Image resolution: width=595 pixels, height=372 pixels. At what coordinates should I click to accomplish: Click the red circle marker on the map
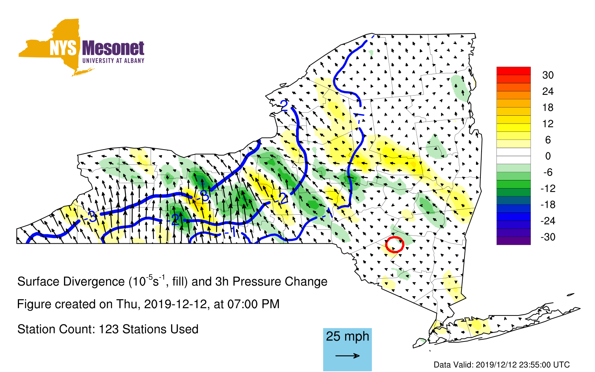pyautogui.click(x=386, y=245)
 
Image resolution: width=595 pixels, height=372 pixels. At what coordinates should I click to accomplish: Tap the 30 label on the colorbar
pyautogui.click(x=548, y=75)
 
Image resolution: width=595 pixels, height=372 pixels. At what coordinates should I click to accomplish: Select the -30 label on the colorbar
pyautogui.click(x=548, y=237)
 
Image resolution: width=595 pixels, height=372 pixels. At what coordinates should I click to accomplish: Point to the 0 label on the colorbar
pyautogui.click(x=548, y=156)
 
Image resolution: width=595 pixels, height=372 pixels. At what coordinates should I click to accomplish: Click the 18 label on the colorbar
pyautogui.click(x=548, y=108)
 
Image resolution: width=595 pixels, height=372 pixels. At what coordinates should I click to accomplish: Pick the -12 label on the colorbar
pyautogui.click(x=548, y=188)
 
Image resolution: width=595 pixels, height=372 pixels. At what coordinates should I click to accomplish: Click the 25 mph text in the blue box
pyautogui.click(x=347, y=337)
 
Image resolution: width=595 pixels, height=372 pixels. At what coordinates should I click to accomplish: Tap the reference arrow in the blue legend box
pyautogui.click(x=347, y=356)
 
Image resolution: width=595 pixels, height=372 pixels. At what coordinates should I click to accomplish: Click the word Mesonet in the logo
pyautogui.click(x=113, y=48)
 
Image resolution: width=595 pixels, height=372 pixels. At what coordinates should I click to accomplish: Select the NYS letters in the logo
pyautogui.click(x=63, y=48)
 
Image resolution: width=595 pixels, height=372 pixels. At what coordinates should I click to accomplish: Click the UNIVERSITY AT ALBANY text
pyautogui.click(x=113, y=61)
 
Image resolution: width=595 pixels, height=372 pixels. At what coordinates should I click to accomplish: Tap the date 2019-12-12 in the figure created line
pyautogui.click(x=176, y=304)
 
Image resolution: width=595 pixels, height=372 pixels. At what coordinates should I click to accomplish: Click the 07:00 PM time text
pyautogui.click(x=253, y=304)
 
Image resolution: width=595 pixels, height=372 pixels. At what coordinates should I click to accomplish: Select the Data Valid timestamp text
pyautogui.click(x=502, y=365)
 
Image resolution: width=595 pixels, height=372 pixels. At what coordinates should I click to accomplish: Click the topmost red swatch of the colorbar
pyautogui.click(x=514, y=71)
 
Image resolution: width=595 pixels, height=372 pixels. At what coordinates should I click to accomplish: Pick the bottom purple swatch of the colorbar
pyautogui.click(x=514, y=241)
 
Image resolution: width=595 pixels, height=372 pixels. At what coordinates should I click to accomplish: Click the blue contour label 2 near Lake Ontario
pyautogui.click(x=284, y=106)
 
